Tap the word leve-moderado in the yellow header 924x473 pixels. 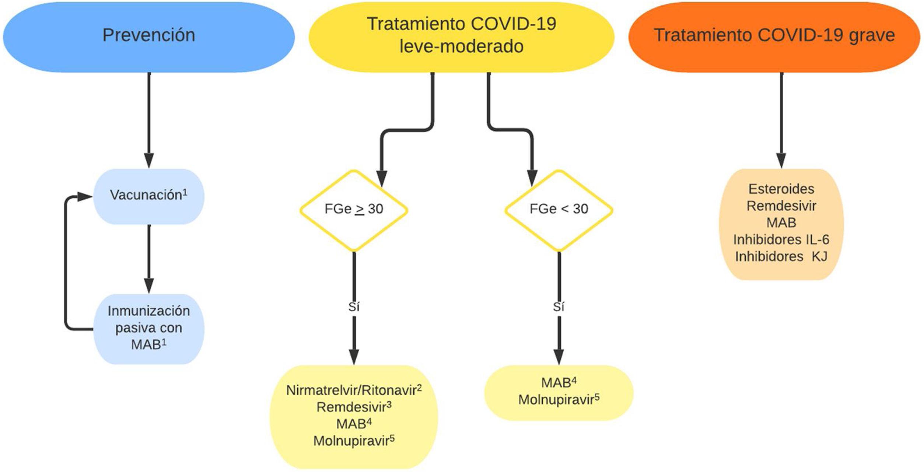[461, 47]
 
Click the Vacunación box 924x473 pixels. [148, 196]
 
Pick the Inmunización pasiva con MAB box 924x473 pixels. [148, 328]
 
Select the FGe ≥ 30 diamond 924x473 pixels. [354, 210]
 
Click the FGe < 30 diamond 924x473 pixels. [559, 210]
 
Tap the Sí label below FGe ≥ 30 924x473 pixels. [354, 306]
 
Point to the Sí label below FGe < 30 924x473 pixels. [559, 306]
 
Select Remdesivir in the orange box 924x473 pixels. [781, 206]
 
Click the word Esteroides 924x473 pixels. [781, 189]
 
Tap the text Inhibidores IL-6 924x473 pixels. [781, 240]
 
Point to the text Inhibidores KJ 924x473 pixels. [781, 257]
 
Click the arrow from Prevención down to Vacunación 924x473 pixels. [149, 118]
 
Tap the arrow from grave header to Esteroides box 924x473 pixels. [781, 118]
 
